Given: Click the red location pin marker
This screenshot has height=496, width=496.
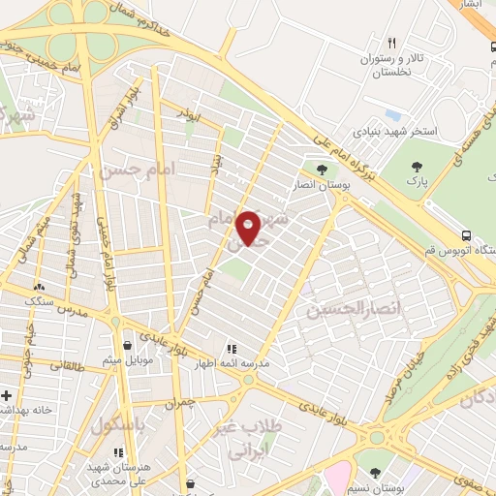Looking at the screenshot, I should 249,228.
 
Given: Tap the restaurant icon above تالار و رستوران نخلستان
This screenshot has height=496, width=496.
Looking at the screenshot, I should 391,43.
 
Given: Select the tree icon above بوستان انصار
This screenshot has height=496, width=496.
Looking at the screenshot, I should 322,170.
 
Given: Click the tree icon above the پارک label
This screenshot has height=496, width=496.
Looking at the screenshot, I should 417,167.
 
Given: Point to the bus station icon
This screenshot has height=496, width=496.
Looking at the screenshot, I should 468,235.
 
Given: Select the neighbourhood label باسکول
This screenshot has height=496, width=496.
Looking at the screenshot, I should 124,424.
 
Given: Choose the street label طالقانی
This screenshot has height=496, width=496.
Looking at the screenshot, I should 66,366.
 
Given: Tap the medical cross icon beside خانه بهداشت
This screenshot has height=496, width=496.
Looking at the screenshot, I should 7,396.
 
